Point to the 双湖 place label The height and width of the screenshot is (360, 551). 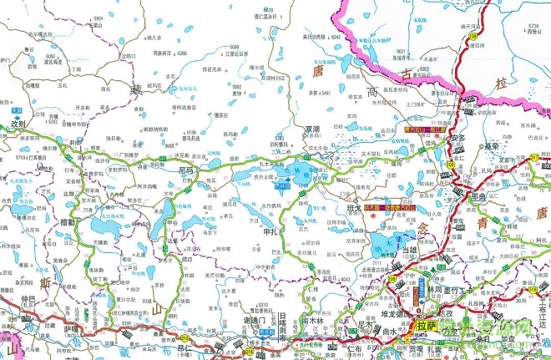[x=311, y=129]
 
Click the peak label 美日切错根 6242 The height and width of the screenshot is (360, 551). [x=323, y=37]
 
